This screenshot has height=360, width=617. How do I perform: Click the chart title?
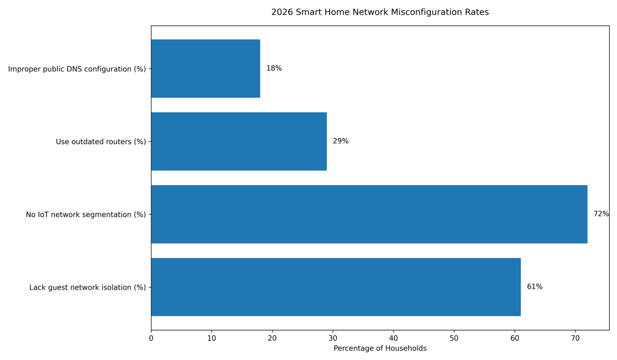pyautogui.click(x=380, y=12)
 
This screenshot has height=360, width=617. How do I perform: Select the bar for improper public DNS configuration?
pyautogui.click(x=205, y=69)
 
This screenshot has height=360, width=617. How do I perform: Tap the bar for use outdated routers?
pyautogui.click(x=239, y=141)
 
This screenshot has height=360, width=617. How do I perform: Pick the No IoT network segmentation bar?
pyautogui.click(x=369, y=214)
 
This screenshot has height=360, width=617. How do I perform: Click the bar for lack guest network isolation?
pyautogui.click(x=336, y=287)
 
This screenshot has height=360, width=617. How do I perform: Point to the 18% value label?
pyautogui.click(x=274, y=69)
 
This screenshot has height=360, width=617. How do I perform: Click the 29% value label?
pyautogui.click(x=340, y=141)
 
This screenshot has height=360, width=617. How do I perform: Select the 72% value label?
pyautogui.click(x=601, y=214)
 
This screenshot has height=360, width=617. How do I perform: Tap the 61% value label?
pyautogui.click(x=534, y=287)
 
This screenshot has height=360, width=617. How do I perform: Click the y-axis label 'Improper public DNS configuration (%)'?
pyautogui.click(x=77, y=69)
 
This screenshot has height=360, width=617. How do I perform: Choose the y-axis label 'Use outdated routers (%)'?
pyautogui.click(x=101, y=142)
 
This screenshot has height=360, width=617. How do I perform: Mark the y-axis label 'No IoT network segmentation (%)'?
pyautogui.click(x=86, y=215)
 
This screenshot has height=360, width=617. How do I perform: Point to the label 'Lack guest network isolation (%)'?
pyautogui.click(x=87, y=288)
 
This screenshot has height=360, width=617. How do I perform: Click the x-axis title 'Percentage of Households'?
pyautogui.click(x=380, y=349)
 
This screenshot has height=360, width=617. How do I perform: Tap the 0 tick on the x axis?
pyautogui.click(x=151, y=338)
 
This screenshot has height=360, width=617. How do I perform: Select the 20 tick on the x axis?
pyautogui.click(x=272, y=338)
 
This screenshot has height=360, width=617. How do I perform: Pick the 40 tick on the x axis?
pyautogui.click(x=393, y=338)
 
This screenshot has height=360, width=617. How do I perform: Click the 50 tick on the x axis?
pyautogui.click(x=454, y=338)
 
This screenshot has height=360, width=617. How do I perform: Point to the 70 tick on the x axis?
pyautogui.click(x=575, y=338)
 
